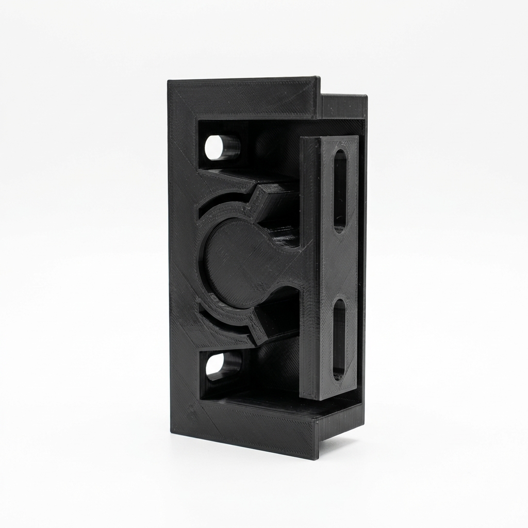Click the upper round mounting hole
[217, 147]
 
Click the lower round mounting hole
[217, 365]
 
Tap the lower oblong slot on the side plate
[339, 340]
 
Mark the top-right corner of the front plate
[318, 78]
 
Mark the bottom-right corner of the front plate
[316, 458]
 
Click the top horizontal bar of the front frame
[242, 98]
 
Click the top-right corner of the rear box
[366, 96]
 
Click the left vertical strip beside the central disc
[183, 263]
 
